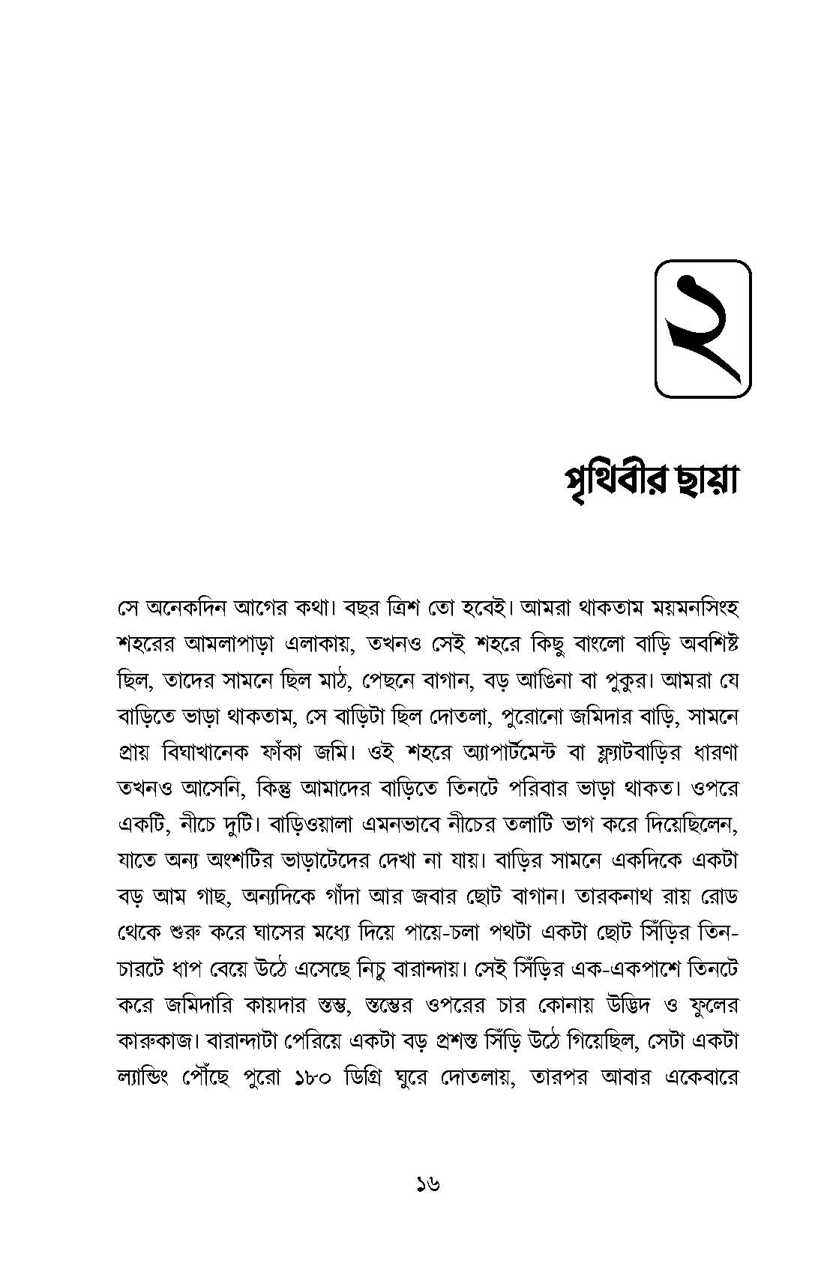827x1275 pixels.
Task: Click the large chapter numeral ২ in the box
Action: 703,328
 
